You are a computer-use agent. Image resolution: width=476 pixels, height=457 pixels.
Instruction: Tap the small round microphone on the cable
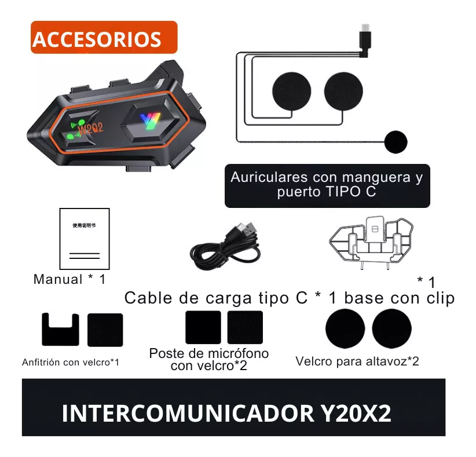coord(396,141)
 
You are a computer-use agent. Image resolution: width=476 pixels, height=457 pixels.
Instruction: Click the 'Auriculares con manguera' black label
coord(327,185)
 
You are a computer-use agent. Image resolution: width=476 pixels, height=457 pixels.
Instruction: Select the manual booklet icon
coord(85,237)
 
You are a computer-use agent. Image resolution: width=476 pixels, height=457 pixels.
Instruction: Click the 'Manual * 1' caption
coord(69,279)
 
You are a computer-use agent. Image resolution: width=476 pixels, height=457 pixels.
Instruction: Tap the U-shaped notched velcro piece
coord(60,330)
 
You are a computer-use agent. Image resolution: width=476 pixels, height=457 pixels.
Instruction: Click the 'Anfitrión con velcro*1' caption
coord(70,363)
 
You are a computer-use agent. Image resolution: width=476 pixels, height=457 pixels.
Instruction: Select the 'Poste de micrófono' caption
coord(208,353)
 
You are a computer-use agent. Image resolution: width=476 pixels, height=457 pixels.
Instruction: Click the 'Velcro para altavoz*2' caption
coord(357,361)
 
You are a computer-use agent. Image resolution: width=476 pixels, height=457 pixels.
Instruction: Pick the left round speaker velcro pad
coord(345,328)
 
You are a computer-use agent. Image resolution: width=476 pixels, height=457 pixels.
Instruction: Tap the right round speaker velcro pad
coord(391,328)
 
